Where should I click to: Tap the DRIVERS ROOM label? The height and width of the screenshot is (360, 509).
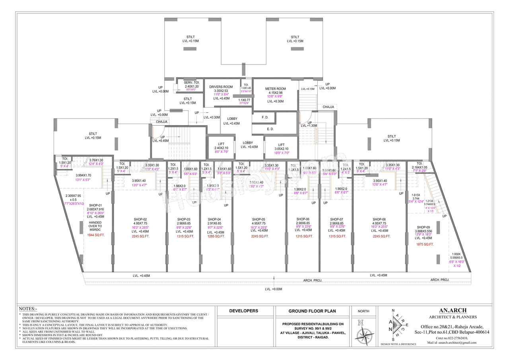click(221, 87)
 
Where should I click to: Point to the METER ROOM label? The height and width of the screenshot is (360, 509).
click(276, 89)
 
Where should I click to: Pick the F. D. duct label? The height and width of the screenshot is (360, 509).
click(265, 118)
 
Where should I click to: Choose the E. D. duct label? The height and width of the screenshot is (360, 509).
click(265, 129)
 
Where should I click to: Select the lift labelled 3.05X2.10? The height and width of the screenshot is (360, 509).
click(281, 145)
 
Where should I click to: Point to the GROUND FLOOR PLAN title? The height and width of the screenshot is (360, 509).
click(312, 311)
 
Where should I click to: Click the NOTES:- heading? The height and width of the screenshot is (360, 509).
click(28, 309)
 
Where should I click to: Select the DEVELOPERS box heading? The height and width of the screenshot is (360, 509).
click(244, 311)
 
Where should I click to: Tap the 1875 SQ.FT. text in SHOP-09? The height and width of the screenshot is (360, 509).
click(425, 244)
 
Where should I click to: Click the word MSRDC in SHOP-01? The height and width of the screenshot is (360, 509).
click(95, 230)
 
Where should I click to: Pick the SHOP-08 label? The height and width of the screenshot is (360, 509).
click(379, 219)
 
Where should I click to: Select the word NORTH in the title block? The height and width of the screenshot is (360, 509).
click(363, 311)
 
